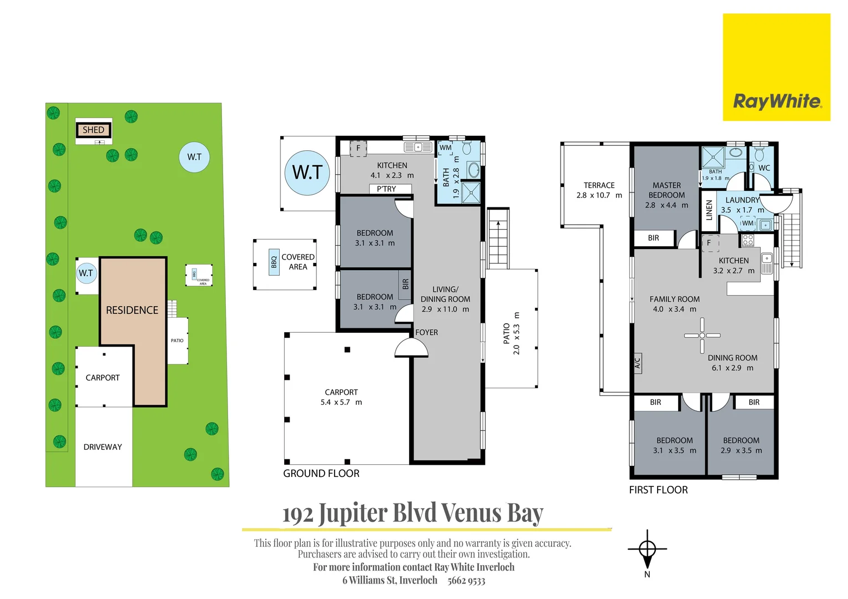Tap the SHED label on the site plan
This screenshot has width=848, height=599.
[x=93, y=130]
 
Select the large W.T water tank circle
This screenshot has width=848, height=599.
[x=307, y=172]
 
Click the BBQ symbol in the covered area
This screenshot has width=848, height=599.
[x=274, y=262]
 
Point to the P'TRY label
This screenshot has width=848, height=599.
[x=387, y=189]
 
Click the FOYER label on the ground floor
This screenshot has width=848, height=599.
[x=426, y=332]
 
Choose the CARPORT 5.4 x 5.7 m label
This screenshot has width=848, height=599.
[x=341, y=397]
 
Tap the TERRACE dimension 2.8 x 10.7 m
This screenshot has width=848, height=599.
[x=599, y=195]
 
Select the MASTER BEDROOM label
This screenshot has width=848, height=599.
[x=667, y=190]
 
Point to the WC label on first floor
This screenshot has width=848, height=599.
[x=764, y=168]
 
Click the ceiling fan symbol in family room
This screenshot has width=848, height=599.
[x=702, y=336]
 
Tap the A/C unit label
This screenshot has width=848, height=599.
[x=637, y=363]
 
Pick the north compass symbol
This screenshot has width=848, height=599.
[x=647, y=550]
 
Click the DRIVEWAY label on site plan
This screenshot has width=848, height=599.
[x=103, y=447]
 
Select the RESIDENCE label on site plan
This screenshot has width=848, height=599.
[x=132, y=311]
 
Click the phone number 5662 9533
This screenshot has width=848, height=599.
[x=466, y=581]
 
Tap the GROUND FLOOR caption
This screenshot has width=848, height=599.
[x=321, y=474]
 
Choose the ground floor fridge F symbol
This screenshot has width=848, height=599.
[x=358, y=148]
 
